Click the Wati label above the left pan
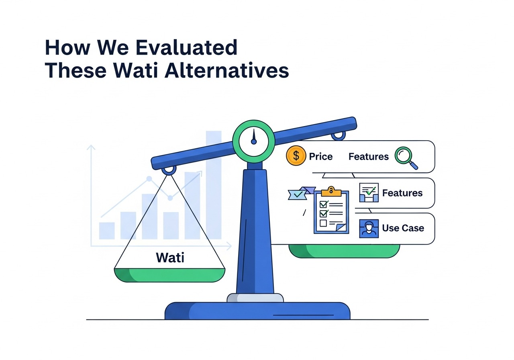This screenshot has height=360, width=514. (170, 257)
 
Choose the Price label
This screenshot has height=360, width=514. (320, 157)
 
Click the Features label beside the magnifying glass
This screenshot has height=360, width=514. (368, 157)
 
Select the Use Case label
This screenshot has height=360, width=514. (403, 228)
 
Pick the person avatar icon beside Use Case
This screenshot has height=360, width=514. (369, 229)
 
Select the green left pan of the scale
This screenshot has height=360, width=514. (169, 275)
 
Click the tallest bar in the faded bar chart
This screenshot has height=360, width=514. (214, 185)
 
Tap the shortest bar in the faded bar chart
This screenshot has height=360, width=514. (107, 231)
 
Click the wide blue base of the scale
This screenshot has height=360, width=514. (257, 311)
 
